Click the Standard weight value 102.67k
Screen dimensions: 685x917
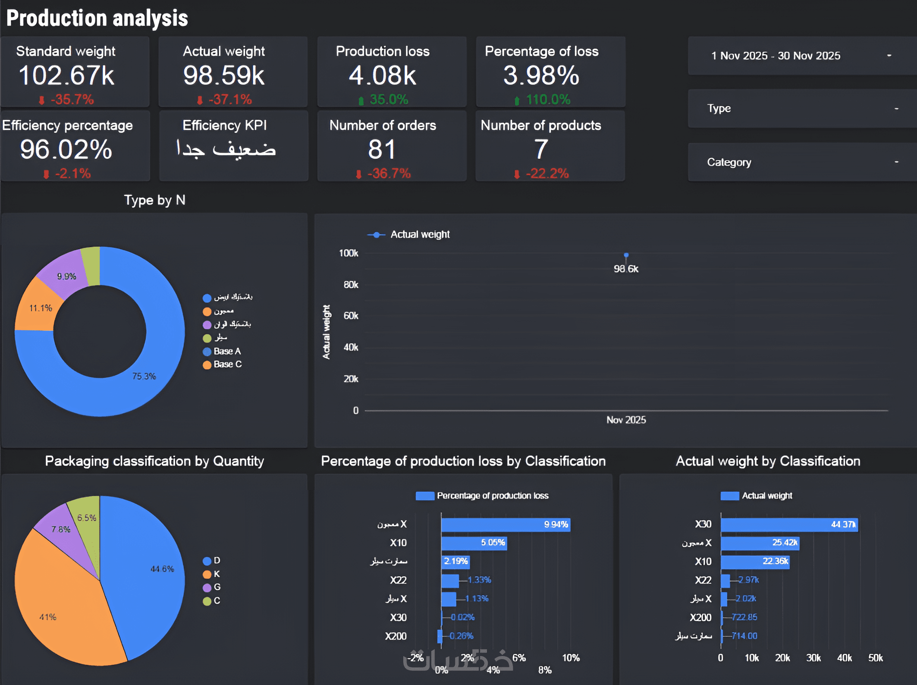click(66, 75)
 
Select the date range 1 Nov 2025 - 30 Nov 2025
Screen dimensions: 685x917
click(775, 56)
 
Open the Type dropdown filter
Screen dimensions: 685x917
click(802, 108)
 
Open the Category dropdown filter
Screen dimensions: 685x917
click(802, 162)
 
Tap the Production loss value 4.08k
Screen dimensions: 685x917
click(382, 75)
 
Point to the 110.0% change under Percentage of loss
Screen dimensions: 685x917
click(548, 100)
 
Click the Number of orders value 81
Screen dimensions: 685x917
click(382, 149)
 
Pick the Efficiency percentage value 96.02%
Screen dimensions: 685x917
click(66, 149)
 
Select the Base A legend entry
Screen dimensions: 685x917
click(227, 351)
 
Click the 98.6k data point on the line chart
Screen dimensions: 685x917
click(626, 255)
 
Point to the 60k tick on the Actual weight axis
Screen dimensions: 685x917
click(351, 316)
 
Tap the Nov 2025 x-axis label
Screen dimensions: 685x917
click(626, 420)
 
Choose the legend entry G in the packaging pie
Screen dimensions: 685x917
click(217, 587)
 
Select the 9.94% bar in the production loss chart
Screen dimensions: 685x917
click(505, 525)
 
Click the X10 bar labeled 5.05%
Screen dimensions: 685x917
click(473, 543)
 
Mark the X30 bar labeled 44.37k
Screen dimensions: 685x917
click(788, 525)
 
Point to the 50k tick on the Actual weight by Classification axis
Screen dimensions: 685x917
click(875, 658)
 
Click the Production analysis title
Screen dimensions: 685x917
click(97, 18)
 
